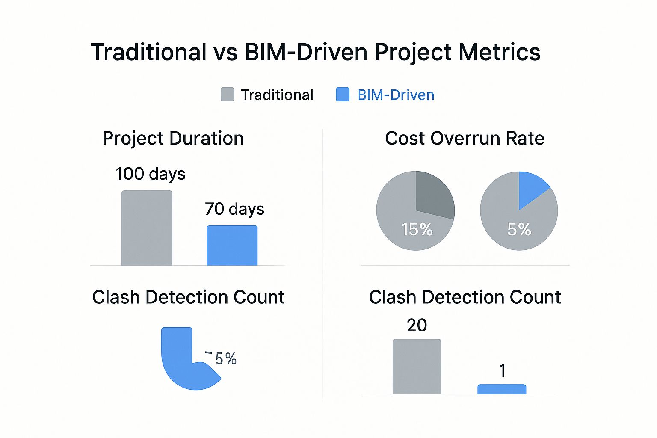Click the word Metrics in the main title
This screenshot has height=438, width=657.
pyautogui.click(x=499, y=52)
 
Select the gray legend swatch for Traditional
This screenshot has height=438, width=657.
pyautogui.click(x=227, y=95)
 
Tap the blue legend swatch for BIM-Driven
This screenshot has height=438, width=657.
pyautogui.click(x=343, y=95)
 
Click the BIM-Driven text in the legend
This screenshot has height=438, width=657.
pyautogui.click(x=396, y=95)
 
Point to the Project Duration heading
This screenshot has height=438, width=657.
pyautogui.click(x=173, y=139)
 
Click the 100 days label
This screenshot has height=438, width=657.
pyautogui.click(x=151, y=174)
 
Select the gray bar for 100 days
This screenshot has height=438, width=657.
pyautogui.click(x=147, y=228)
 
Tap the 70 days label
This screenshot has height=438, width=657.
pyautogui.click(x=234, y=209)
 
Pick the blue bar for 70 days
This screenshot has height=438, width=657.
pyautogui.click(x=232, y=246)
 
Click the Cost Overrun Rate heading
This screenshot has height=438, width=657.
pyautogui.click(x=465, y=139)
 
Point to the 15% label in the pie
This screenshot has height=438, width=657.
pyautogui.click(x=417, y=230)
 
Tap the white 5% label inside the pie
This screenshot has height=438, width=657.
pyautogui.click(x=519, y=230)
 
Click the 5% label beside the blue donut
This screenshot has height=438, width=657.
pyautogui.click(x=226, y=359)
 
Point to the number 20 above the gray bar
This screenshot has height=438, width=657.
pyautogui.click(x=417, y=326)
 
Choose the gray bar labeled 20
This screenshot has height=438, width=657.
pyautogui.click(x=417, y=367)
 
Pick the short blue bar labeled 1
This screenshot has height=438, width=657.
pyautogui.click(x=502, y=389)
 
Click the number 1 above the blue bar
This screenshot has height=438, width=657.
pyautogui.click(x=503, y=371)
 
